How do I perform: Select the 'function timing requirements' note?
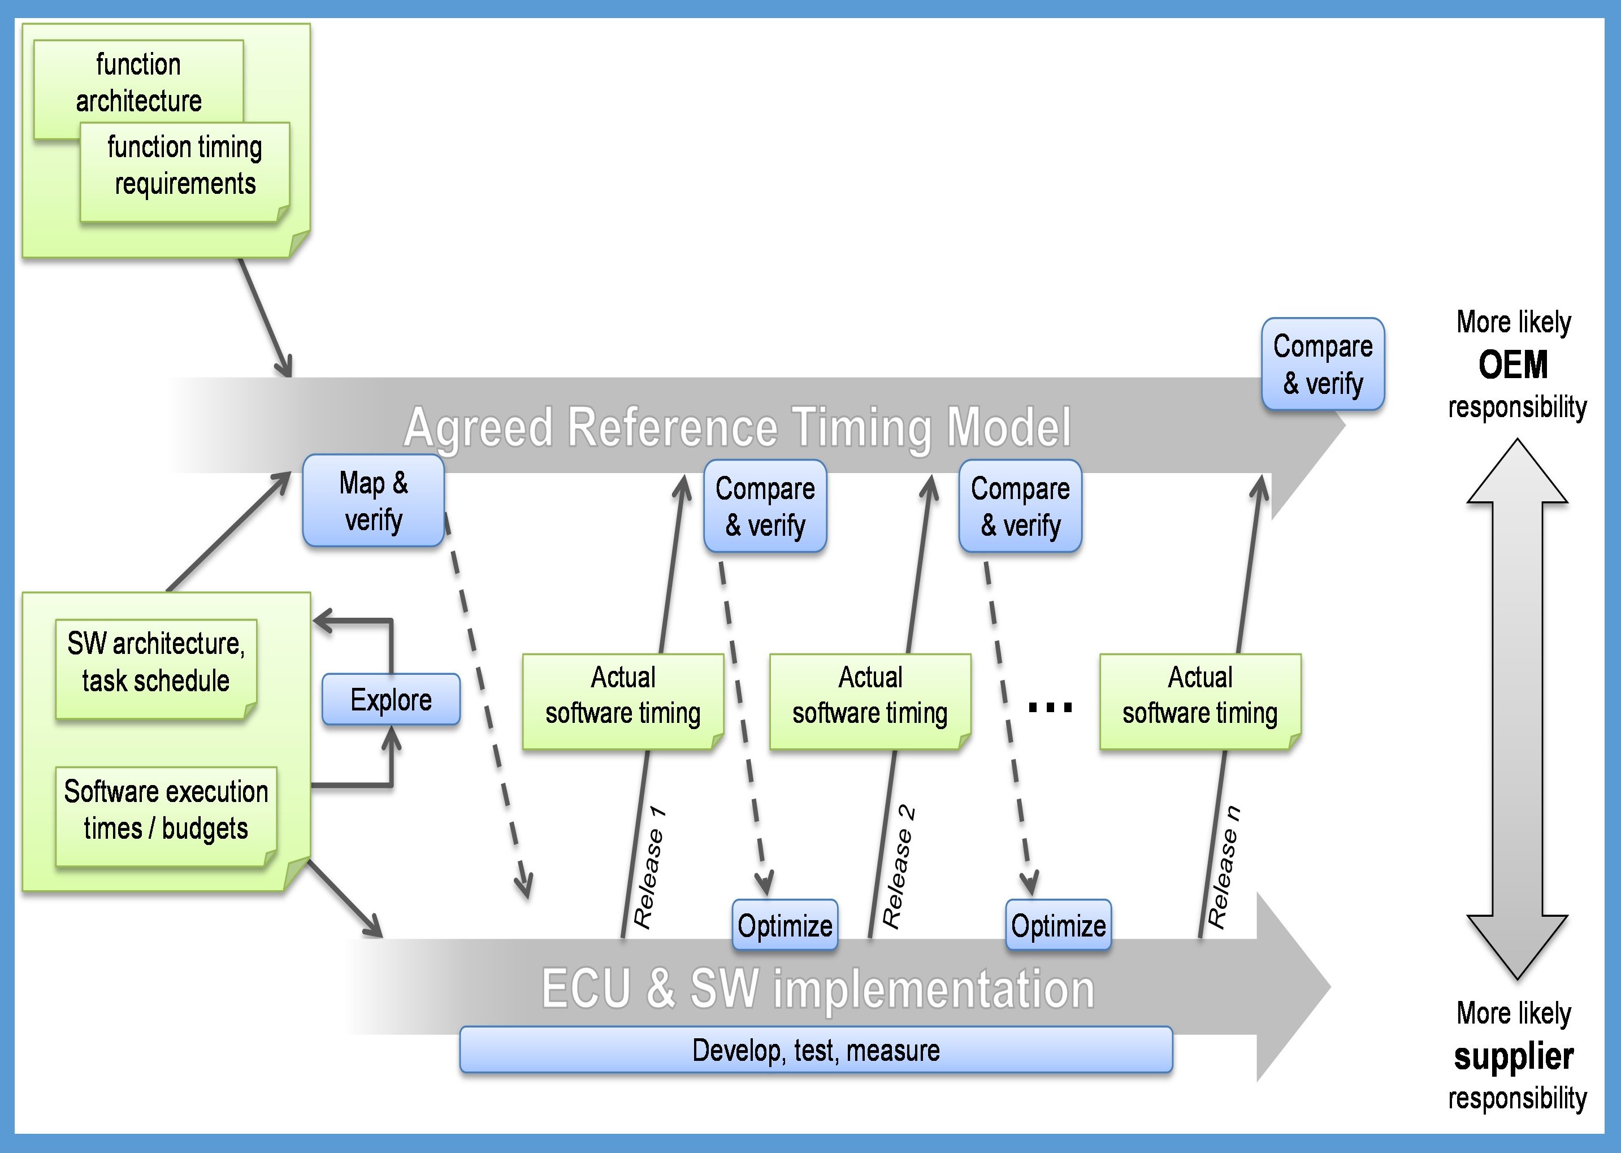click(x=185, y=166)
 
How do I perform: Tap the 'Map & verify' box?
click(x=374, y=501)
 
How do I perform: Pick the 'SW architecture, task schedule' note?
click(x=155, y=662)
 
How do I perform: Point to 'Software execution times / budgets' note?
click(x=166, y=810)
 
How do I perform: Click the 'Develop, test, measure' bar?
click(x=816, y=1050)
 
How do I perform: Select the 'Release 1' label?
click(x=649, y=868)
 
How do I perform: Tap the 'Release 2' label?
click(x=898, y=867)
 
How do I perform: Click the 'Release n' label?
click(x=1224, y=868)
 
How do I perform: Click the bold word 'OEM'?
click(x=1513, y=365)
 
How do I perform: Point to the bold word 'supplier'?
click(x=1514, y=1056)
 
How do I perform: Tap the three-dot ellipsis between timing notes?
click(x=1050, y=707)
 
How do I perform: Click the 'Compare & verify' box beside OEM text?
click(x=1323, y=364)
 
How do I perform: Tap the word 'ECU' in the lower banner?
click(x=587, y=989)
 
